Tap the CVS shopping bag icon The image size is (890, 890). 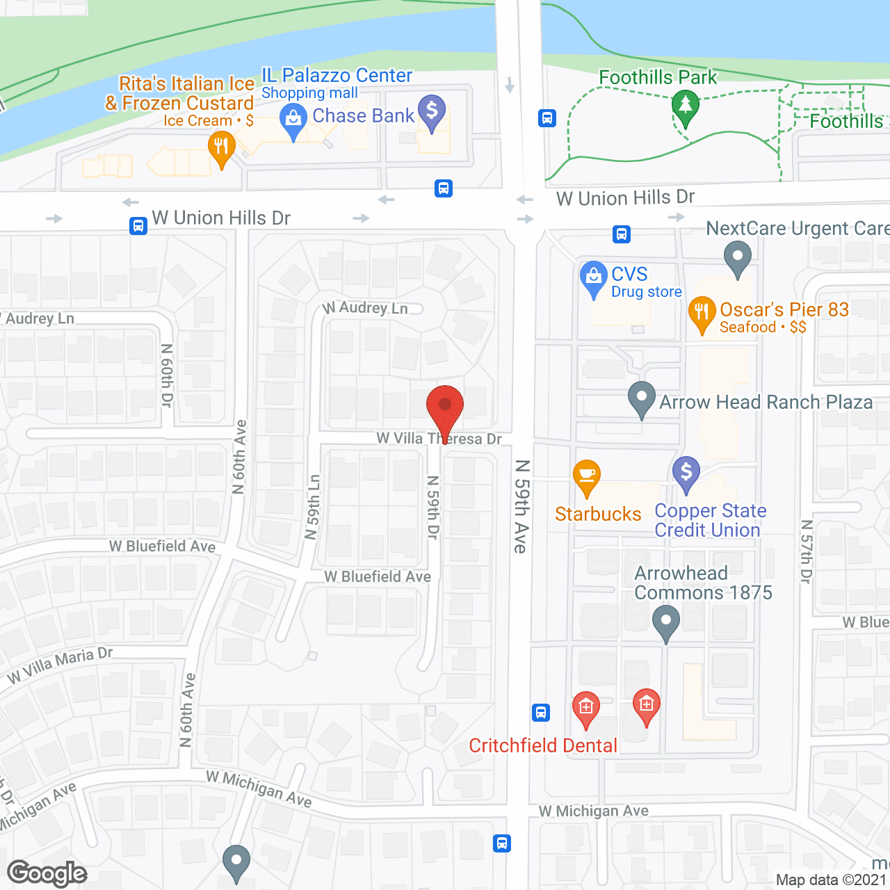pos(594,277)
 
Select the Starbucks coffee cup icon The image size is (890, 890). pos(587,476)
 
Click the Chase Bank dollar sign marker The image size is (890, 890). pos(432,111)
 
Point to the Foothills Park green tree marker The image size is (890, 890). pos(686,106)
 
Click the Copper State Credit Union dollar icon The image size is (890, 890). pos(686,473)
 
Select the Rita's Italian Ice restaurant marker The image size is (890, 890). pos(222,148)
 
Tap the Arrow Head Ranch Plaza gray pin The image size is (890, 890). pos(641,398)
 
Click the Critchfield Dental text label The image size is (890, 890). pos(543,746)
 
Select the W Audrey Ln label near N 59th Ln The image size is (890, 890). pos(366,307)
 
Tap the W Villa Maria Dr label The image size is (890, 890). pos(60,665)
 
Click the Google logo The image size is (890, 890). pos(47,873)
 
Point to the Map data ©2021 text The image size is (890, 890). pos(831,880)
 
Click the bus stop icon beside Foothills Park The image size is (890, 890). pos(547,118)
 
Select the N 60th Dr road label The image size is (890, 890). pos(167,375)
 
